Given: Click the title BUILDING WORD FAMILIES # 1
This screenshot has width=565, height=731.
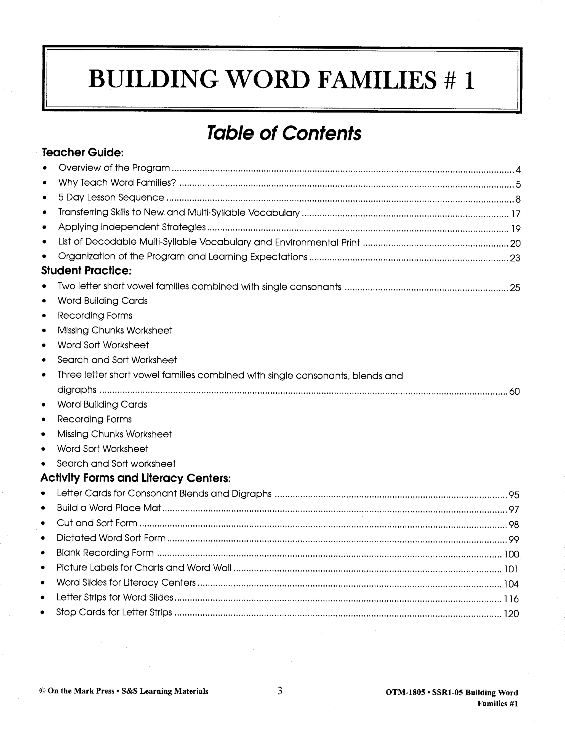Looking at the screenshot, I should tap(281, 80).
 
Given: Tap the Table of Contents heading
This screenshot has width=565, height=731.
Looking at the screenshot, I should tap(284, 133).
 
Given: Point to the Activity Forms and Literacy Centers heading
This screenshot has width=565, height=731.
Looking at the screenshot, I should tap(135, 478).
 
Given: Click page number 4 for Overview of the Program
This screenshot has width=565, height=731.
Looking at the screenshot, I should tap(518, 170).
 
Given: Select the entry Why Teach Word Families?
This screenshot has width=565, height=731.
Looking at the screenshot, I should tap(117, 183).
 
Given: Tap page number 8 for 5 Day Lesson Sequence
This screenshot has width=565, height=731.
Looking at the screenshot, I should tap(518, 200).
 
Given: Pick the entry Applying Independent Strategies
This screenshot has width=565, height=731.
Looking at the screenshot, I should tap(132, 227).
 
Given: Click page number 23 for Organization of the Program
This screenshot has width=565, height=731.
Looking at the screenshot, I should tap(515, 258).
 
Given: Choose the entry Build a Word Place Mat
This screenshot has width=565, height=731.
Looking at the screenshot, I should tap(109, 508).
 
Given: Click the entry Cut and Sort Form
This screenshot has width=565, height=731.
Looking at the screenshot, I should tap(97, 523).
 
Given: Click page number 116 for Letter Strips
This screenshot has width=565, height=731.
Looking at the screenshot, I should tap(511, 599).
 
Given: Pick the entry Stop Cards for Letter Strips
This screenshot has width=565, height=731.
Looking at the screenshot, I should tap(114, 612).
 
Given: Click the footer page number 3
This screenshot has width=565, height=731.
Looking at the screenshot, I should tap(280, 690).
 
